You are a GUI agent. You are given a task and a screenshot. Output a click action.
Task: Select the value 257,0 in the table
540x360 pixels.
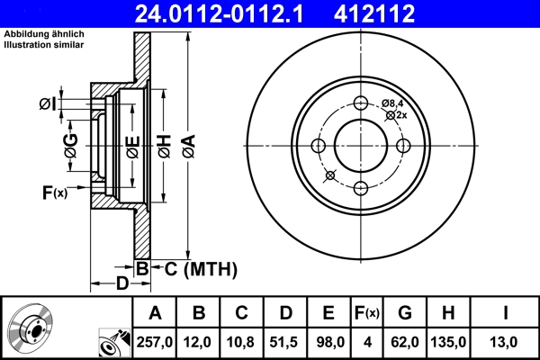click(155, 342)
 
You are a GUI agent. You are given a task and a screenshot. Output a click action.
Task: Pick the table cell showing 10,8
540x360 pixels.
click(242, 342)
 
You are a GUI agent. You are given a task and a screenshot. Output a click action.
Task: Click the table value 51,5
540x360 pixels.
click(285, 342)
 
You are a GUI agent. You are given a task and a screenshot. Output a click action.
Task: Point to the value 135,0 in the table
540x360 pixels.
click(449, 342)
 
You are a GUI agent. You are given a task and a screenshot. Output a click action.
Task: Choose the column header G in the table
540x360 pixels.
click(406, 313)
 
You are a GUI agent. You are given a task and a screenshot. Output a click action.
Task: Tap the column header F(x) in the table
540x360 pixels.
click(366, 313)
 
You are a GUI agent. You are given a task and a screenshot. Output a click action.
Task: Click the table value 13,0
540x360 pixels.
click(506, 342)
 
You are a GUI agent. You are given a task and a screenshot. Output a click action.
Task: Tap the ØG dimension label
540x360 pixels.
click(70, 144)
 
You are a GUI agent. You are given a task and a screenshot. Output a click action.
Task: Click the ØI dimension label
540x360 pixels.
click(47, 105)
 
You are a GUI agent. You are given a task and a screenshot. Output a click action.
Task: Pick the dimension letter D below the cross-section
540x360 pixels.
click(121, 284)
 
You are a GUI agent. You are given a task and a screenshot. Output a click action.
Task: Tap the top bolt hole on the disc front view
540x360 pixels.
click(360, 103)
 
